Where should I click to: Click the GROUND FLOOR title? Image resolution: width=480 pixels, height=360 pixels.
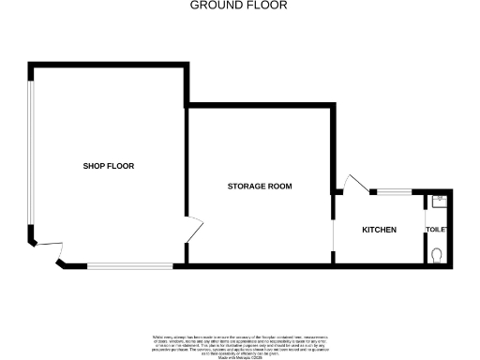pos(239,6)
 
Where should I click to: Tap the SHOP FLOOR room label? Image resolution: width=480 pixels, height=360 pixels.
pos(109,166)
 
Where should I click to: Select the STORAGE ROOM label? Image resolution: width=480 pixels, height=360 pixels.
pos(260,187)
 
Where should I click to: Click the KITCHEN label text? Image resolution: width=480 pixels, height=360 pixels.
pos(380,231)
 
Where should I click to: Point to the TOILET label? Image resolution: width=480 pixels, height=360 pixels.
pos(437,231)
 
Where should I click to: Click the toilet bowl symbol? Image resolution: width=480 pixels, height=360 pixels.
pos(439,253)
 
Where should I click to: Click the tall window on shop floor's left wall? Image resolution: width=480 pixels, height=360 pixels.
pos(31,155)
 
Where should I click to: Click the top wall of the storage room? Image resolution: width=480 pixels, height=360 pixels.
pos(260,108)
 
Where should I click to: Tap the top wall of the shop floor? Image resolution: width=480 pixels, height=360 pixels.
pos(108,65)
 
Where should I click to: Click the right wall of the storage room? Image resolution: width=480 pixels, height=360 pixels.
pos(335,150)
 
